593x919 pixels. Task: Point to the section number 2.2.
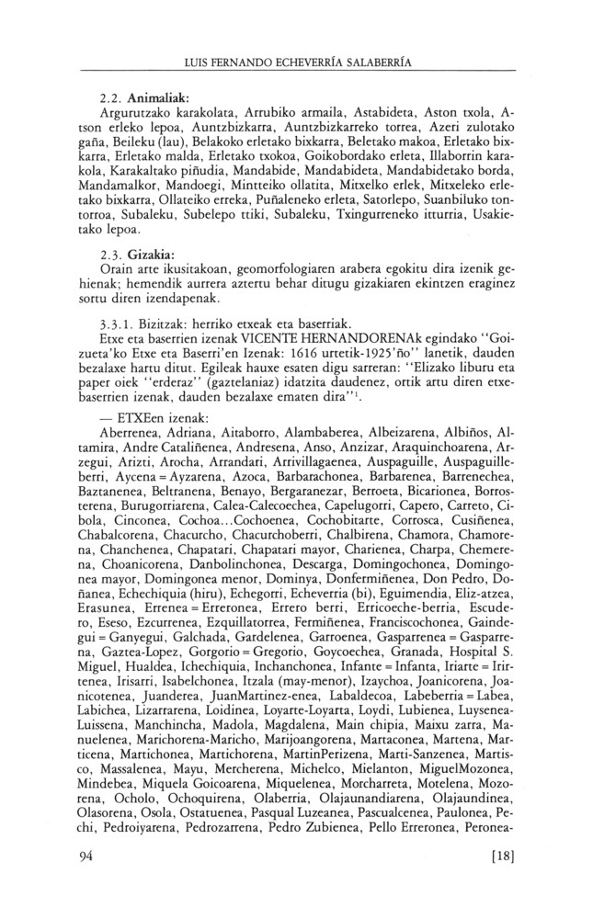click(x=111, y=97)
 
